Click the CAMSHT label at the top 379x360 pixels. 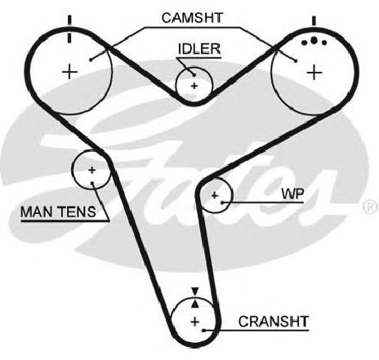(x=192, y=18)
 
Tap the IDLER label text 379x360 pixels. (x=199, y=49)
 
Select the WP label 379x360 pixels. (x=292, y=194)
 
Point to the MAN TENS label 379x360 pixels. (x=58, y=211)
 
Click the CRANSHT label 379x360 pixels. (x=274, y=322)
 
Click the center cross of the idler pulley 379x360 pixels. (x=194, y=86)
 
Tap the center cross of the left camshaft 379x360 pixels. (x=70, y=72)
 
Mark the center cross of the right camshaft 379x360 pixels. (x=314, y=73)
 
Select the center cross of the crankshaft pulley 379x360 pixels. (x=195, y=322)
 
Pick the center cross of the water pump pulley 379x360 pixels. (x=215, y=195)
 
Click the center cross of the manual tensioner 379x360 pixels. (x=91, y=170)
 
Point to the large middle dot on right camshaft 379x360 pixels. (x=314, y=40)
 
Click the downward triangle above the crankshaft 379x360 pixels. (x=194, y=291)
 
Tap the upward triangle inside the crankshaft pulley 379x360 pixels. (x=194, y=304)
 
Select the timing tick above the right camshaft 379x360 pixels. (x=314, y=21)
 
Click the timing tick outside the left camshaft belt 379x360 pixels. (x=69, y=20)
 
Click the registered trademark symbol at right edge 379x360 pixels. (x=371, y=207)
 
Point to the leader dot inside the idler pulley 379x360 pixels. (x=194, y=75)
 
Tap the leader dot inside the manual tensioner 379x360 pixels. (x=92, y=183)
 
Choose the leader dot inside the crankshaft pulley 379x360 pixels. (x=203, y=331)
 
